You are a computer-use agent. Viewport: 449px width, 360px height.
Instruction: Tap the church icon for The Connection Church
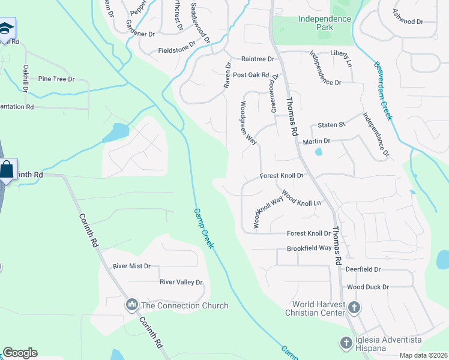coord(132,305)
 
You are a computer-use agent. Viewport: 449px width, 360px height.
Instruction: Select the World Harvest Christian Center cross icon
coord(354,308)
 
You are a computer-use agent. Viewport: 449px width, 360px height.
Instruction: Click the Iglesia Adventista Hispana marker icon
coord(346,343)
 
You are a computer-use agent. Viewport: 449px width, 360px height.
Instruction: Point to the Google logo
coord(20,353)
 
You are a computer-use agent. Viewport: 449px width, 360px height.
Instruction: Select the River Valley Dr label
coord(181,282)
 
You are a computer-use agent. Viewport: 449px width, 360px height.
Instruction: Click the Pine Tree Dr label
coord(56,79)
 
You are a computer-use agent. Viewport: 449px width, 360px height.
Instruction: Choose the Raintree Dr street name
coord(257,59)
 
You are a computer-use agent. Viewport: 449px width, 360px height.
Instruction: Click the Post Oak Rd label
coord(252,75)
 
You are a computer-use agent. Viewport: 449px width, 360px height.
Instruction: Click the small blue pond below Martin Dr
coord(318,152)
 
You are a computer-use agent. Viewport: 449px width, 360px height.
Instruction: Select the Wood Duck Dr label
coord(368,287)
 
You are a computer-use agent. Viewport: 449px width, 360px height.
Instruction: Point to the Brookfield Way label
coord(309,248)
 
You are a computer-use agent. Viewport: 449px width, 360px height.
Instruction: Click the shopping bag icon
coord(7,170)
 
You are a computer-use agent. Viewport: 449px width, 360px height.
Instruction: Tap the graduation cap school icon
coord(7,28)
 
